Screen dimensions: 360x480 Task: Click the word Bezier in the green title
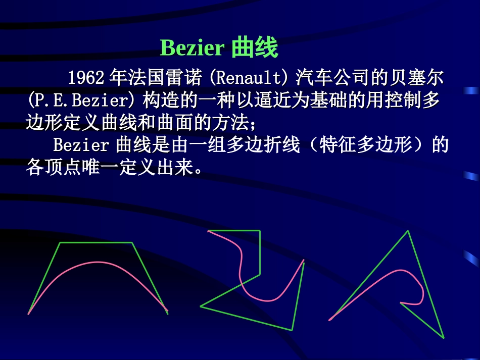click(x=192, y=48)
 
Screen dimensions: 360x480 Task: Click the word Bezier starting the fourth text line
click(x=81, y=145)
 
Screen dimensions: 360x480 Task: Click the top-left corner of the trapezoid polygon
click(x=61, y=243)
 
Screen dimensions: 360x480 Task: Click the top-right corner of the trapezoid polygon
click(x=132, y=243)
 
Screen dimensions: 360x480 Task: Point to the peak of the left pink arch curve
click(x=98, y=262)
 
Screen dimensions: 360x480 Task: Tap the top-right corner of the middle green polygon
click(x=260, y=231)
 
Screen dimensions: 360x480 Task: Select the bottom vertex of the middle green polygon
click(x=292, y=330)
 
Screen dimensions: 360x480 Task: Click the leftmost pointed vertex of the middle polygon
click(x=201, y=306)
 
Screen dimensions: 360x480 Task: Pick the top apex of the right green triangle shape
click(x=408, y=231)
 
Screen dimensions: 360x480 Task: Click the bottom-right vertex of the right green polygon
click(x=444, y=338)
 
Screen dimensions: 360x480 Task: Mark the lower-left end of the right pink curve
click(x=329, y=320)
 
